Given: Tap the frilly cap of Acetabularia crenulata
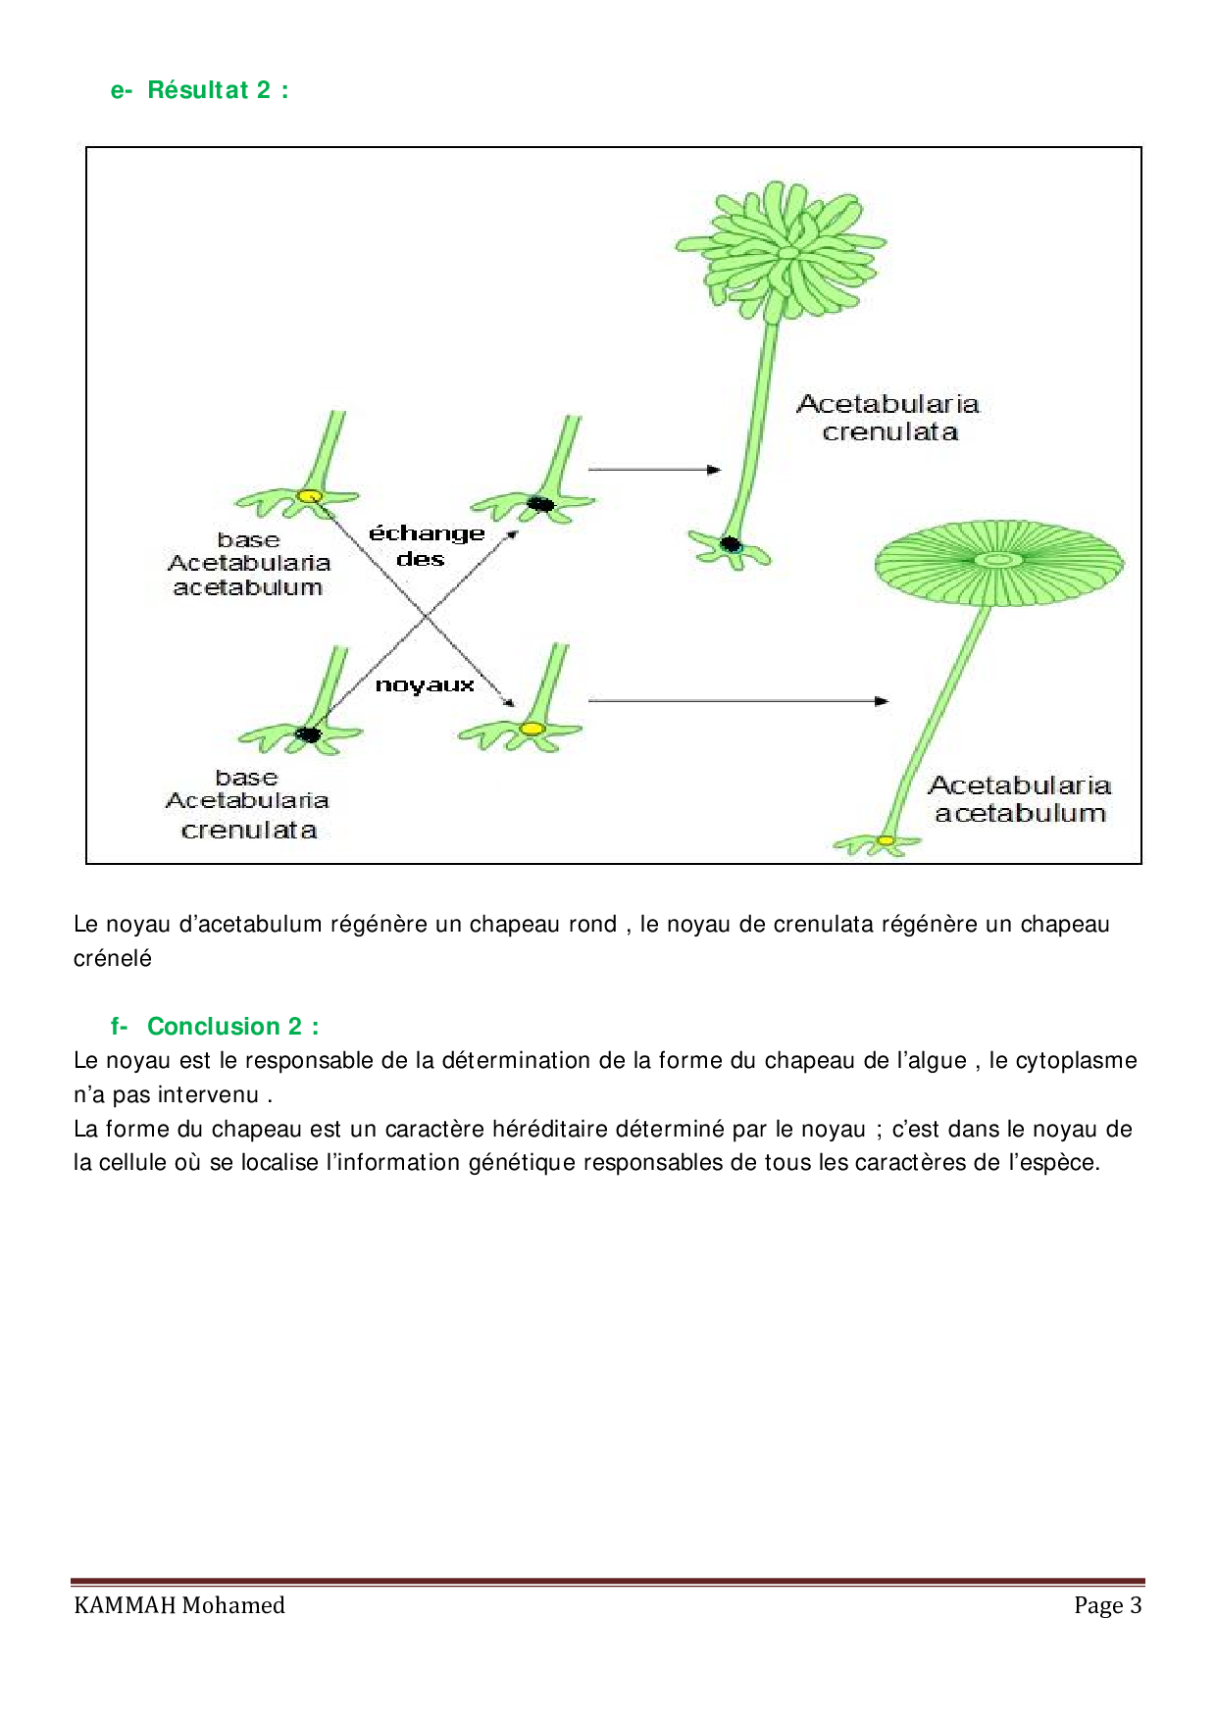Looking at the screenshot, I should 782,251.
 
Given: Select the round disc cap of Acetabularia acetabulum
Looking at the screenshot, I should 998,562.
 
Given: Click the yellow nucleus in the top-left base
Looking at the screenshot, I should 310,496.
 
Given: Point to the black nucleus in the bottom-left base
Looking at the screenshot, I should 309,734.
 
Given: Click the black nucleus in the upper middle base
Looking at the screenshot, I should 540,504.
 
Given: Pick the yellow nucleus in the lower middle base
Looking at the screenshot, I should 532,729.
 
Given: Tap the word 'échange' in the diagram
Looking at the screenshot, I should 427,534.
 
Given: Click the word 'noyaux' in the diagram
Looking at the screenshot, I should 425,685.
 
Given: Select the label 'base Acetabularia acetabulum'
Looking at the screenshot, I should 248,564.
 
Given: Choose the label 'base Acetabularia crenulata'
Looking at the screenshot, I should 247,803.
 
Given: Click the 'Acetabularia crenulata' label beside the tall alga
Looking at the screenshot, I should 888,418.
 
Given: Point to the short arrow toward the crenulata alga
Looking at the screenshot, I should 654,470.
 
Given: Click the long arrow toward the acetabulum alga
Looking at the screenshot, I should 737,701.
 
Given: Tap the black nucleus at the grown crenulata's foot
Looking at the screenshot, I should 731,543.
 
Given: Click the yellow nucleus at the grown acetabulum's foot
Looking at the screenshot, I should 886,840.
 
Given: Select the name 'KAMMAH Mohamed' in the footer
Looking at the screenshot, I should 179,1605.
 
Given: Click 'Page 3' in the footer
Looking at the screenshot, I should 1107,1605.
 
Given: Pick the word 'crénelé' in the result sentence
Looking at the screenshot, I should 113,958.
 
